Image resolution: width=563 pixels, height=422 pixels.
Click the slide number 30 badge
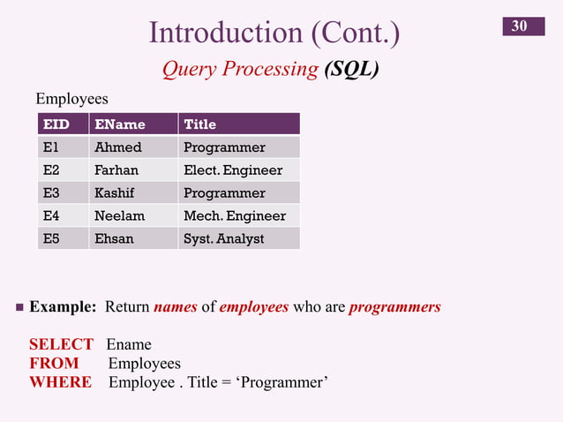[519, 26]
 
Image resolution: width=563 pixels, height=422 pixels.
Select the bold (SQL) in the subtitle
[351, 69]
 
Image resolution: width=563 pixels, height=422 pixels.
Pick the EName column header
[119, 124]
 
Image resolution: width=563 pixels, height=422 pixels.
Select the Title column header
[199, 124]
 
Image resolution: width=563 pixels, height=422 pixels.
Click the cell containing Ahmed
[117, 147]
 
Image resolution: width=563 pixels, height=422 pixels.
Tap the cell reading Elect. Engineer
[233, 170]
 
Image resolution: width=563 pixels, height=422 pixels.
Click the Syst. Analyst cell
[223, 239]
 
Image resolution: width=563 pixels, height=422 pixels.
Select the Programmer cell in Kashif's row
[224, 193]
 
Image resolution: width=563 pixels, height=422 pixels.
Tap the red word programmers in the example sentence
[394, 308]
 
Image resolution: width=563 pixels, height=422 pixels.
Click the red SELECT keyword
[61, 344]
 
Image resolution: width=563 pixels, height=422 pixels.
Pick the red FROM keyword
[54, 363]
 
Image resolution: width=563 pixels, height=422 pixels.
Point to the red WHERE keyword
[60, 381]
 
